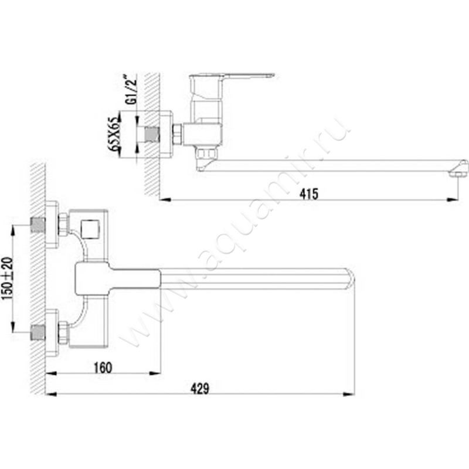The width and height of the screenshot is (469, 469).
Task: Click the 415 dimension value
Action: (309, 194)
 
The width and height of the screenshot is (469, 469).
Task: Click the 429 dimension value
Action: (200, 388)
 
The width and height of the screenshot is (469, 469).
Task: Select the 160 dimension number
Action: (102, 367)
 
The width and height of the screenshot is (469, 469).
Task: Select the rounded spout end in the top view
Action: (350, 278)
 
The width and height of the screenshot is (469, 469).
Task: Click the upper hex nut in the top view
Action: (63, 225)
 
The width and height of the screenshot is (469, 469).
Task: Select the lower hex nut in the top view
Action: (63, 332)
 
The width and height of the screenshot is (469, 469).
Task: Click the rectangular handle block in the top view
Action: (117, 279)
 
